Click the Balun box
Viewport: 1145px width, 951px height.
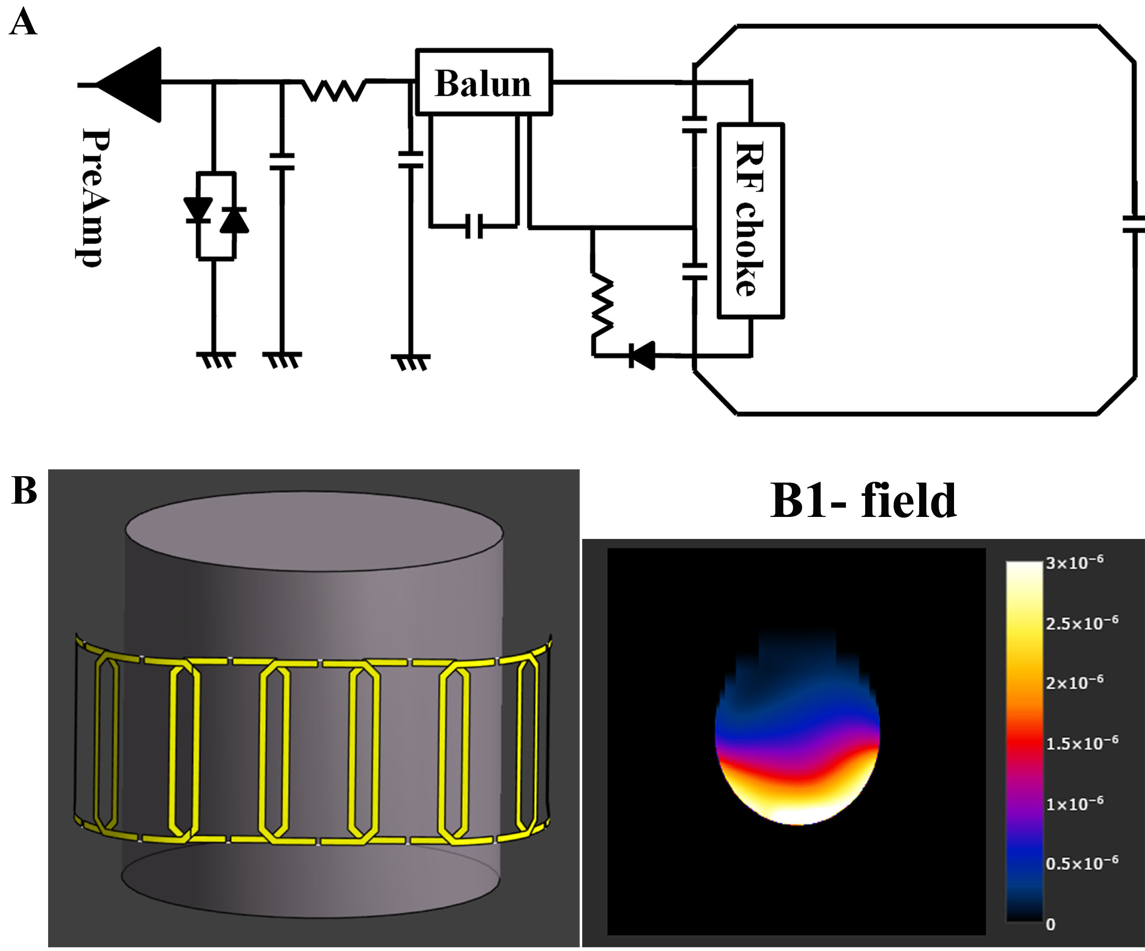pos(484,83)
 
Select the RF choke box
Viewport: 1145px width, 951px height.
pos(750,220)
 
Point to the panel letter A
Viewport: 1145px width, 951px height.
pos(23,23)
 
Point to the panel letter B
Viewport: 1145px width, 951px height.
pos(24,490)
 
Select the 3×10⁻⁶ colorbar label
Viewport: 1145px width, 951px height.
pos(1074,562)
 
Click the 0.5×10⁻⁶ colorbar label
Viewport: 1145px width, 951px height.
pos(1082,863)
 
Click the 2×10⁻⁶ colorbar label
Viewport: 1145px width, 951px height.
pos(1074,682)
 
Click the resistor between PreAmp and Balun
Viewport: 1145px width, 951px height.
pos(334,90)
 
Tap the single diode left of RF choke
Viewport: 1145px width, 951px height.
pos(642,355)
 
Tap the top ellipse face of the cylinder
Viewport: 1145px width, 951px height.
pos(314,532)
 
